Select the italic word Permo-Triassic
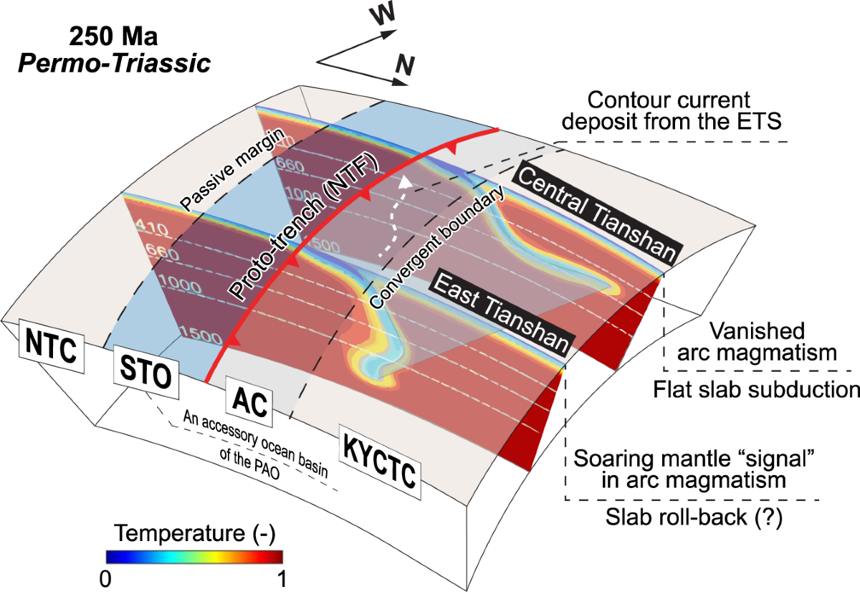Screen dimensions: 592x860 point(115,62)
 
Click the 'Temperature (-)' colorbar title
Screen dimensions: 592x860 point(195,534)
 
